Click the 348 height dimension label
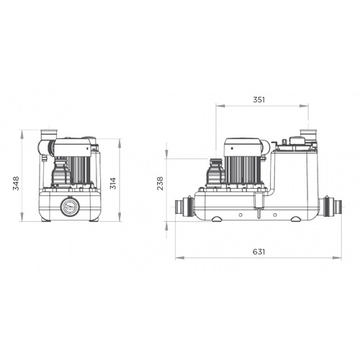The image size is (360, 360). tap(16, 184)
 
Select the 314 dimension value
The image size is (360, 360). tap(113, 184)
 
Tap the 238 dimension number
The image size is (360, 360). tap(160, 184)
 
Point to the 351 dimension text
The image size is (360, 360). tap(259, 99)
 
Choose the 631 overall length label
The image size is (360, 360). tap(259, 252)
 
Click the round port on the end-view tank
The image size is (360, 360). tap(70, 206)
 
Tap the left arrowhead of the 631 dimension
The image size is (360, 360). tap(179, 258)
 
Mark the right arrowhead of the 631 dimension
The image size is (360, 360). tap(337, 258)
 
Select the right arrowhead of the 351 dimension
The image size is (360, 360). tap(304, 106)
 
